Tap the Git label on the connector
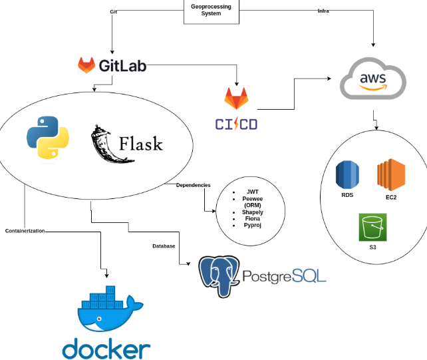pos(113,12)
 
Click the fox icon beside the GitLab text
pos(87,65)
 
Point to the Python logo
pos(49,138)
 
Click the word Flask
pos(140,144)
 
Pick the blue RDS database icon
pos(347,175)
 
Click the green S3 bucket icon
pos(372,228)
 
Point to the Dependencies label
pos(193,185)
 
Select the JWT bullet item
pos(252,192)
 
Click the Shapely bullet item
pos(252,212)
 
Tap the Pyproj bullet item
pos(252,226)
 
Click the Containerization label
pos(25,230)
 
